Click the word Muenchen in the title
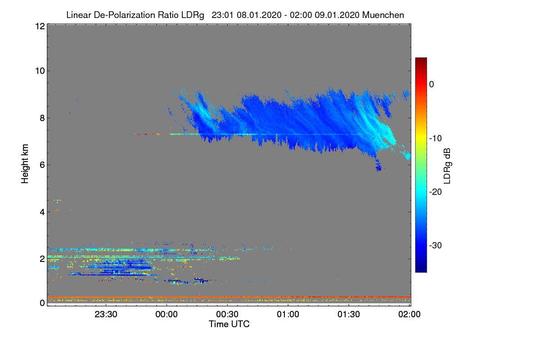tap(383, 15)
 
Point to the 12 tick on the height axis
tap(39, 26)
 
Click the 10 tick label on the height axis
tap(39, 71)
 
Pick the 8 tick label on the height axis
tap(41, 118)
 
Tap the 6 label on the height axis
tap(41, 165)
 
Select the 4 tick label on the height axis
tap(41, 211)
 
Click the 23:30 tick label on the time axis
tap(106, 315)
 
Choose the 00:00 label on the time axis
tap(166, 315)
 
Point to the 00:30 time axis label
tap(227, 315)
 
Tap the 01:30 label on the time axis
tap(349, 315)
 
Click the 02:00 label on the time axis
tap(409, 315)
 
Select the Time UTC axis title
tap(229, 324)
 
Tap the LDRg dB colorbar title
tap(447, 165)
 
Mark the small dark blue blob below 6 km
tap(379, 168)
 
